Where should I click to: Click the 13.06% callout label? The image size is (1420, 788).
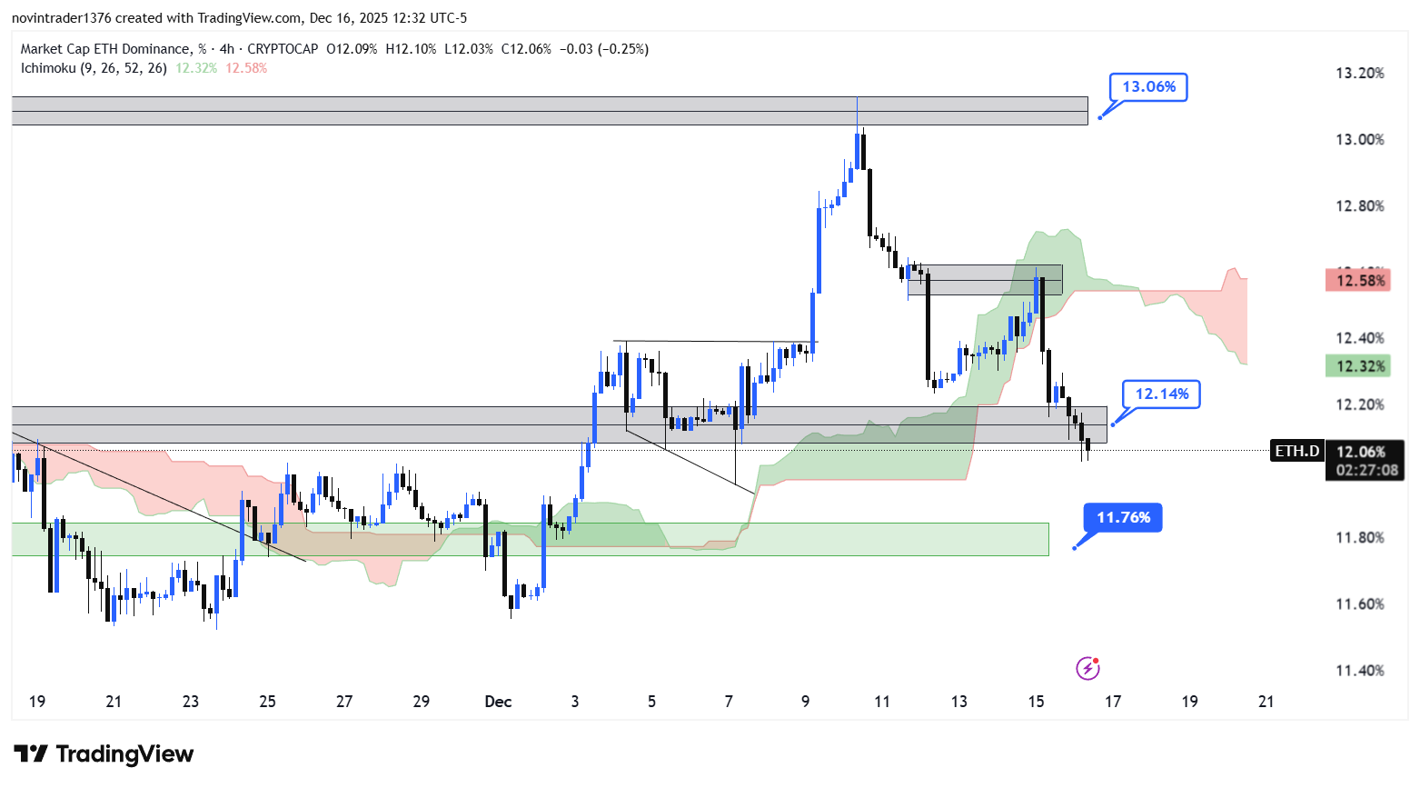1148,87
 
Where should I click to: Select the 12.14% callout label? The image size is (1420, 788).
1161,394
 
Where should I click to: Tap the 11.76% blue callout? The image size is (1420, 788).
1123,518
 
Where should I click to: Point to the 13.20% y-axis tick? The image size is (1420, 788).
1359,74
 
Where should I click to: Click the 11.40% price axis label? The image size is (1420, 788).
1359,671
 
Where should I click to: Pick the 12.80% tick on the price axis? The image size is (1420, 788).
1359,206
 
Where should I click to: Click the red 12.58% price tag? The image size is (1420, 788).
1357,281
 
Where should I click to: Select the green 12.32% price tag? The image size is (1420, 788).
1357,366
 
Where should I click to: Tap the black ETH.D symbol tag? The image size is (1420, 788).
1296,451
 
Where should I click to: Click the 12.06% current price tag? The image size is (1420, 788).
1361,452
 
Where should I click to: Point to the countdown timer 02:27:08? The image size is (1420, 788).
1366,470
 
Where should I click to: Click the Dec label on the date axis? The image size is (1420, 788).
498,702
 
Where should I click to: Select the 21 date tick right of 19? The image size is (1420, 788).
1266,702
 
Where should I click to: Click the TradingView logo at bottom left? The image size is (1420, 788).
104,754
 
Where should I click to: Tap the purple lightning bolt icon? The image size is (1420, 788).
1087,669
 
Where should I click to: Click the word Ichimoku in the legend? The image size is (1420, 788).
48,68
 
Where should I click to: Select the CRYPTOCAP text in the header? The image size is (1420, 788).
283,49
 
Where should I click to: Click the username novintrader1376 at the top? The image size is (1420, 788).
62,18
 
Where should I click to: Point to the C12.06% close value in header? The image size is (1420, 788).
526,49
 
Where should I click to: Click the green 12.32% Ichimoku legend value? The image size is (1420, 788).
196,68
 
